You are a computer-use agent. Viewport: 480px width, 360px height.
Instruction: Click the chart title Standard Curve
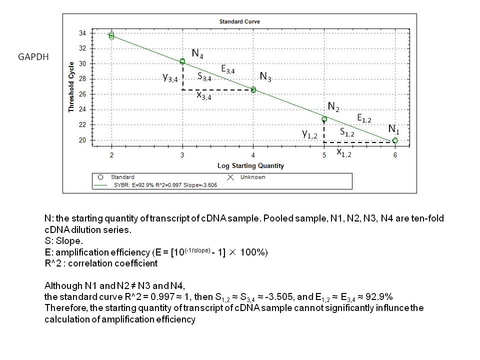(239, 21)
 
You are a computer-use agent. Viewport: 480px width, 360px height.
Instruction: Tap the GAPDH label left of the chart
(33, 57)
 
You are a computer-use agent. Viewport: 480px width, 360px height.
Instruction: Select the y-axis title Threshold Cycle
(71, 86)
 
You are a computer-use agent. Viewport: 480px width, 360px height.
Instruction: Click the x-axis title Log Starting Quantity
(250, 165)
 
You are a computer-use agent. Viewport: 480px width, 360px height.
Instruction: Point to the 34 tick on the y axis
(82, 33)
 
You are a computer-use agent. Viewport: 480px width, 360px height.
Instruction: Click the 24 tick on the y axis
(82, 109)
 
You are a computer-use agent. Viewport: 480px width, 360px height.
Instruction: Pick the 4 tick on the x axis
(253, 155)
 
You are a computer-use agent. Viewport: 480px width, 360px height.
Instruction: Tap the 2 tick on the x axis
(111, 155)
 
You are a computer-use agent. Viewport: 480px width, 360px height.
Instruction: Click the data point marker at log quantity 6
(395, 140)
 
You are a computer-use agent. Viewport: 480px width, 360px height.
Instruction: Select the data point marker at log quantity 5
(324, 119)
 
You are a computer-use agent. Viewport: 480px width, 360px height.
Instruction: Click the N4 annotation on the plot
(197, 54)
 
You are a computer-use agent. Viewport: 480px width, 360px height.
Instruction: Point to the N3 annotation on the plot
(265, 76)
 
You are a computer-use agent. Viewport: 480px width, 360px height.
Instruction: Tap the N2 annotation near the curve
(333, 106)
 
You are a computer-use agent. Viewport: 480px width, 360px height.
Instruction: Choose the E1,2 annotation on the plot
(364, 118)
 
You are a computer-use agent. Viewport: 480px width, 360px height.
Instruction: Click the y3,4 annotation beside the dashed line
(170, 77)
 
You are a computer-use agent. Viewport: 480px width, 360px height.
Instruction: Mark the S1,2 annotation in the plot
(347, 132)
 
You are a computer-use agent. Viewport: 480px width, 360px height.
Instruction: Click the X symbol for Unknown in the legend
(230, 177)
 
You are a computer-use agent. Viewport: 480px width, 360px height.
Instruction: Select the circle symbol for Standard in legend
(100, 177)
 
